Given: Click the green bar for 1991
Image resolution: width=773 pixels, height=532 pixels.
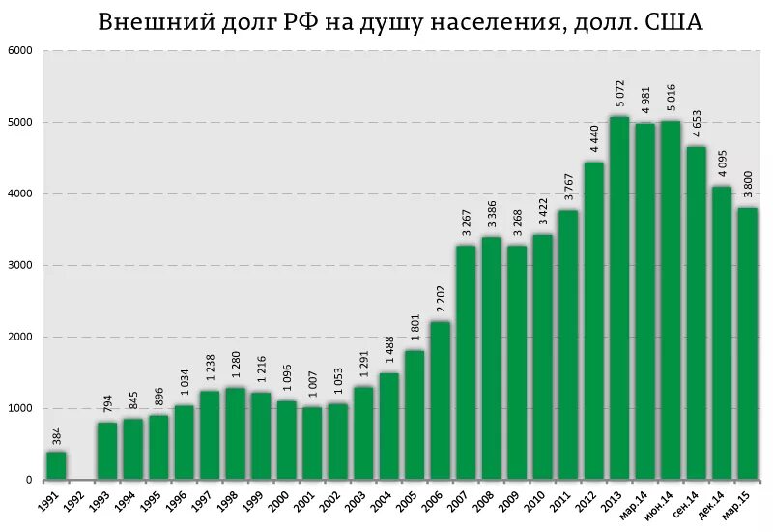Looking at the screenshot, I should [57, 465].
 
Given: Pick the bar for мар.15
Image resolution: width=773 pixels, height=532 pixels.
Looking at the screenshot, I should [746, 343].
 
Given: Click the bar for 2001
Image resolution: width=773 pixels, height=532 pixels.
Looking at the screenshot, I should [312, 443].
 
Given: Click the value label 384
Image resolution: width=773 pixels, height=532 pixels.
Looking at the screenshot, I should [57, 436].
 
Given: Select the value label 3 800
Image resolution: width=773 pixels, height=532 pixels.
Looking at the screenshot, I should [747, 185].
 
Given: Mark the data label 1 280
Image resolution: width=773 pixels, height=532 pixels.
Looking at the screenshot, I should [236, 366].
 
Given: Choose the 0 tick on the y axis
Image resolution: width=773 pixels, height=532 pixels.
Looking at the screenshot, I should [28, 481].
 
